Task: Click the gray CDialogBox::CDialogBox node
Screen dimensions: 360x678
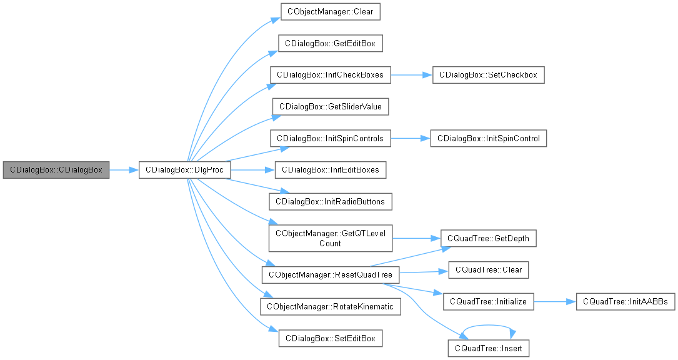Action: (56, 169)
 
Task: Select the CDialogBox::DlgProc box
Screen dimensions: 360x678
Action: (185, 169)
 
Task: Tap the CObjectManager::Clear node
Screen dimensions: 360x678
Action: (330, 11)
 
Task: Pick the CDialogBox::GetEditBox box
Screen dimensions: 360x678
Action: (330, 43)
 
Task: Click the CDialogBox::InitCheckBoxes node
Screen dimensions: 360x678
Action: (330, 75)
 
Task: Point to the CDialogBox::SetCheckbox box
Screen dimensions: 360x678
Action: (489, 75)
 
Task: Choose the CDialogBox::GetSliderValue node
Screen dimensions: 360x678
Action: (330, 106)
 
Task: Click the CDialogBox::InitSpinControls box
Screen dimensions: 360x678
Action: (330, 138)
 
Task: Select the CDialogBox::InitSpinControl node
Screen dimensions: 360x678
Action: (489, 138)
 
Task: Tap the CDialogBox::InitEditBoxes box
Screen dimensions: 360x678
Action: (330, 169)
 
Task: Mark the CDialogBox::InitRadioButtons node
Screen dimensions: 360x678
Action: (330, 201)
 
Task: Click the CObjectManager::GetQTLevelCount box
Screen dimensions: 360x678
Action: (330, 238)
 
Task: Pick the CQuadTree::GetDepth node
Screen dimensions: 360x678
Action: (489, 238)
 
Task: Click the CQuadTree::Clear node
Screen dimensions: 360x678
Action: (489, 270)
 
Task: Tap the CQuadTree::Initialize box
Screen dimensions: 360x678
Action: (489, 302)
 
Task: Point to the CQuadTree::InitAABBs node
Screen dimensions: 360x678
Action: (624, 302)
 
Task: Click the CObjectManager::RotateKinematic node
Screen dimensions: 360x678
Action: (330, 307)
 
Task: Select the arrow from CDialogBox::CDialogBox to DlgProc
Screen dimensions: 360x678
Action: (124, 169)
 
